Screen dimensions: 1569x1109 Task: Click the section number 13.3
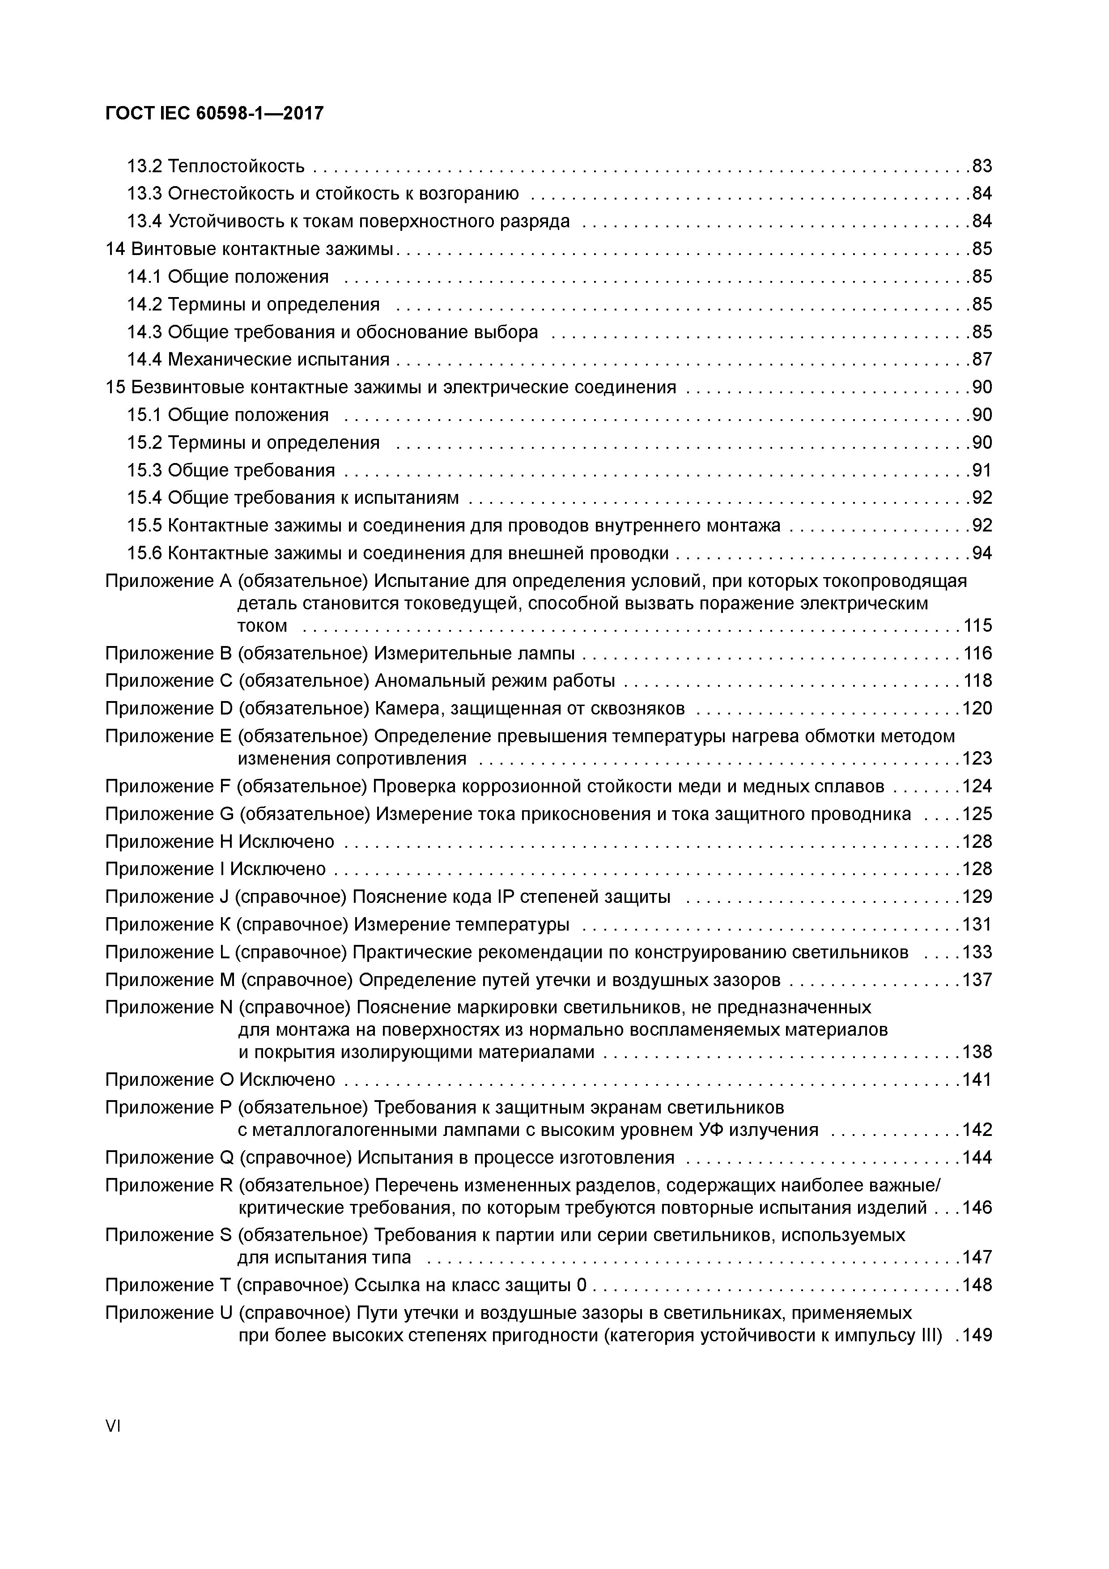pos(144,193)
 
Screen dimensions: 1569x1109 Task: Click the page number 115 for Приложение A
pos(977,626)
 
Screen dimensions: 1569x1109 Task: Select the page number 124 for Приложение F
pos(977,787)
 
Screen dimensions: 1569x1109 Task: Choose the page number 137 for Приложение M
pos(977,980)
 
